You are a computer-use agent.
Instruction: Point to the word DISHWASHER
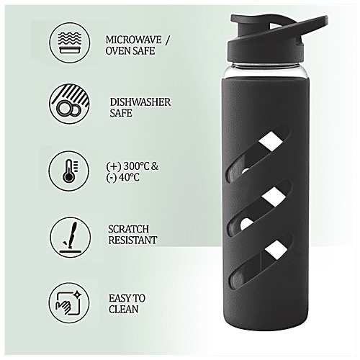click(x=140, y=102)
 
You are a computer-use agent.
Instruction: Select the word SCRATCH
click(x=127, y=228)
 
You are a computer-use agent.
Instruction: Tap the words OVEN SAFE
click(x=130, y=51)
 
